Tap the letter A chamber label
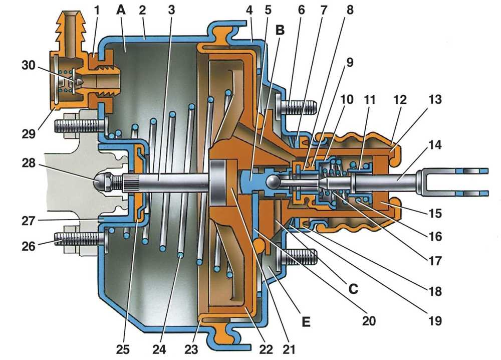click(120, 10)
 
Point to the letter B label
click(280, 30)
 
